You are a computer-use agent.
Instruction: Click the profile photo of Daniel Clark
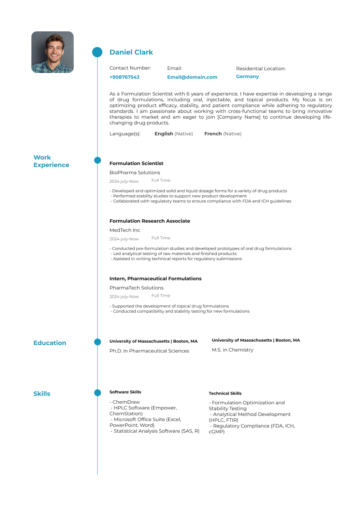pos(53,52)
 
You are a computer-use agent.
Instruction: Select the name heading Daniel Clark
pos(131,52)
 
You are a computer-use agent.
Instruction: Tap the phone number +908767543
pos(125,77)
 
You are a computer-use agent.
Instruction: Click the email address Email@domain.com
pos(192,77)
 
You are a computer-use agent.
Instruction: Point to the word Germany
pos(247,76)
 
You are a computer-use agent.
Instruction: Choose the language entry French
pos(213,134)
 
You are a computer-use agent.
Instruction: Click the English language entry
pos(164,134)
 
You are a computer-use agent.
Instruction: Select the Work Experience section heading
pos(51,161)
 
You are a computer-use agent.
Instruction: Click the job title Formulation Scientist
pos(136,163)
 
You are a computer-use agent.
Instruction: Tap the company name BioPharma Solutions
pos(135,173)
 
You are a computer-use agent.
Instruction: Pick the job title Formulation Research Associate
pos(149,221)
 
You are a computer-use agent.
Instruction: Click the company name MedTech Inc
pos(125,230)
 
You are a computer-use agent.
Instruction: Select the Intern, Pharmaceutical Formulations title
pos(155,279)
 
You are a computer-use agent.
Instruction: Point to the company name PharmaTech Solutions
pos(136,288)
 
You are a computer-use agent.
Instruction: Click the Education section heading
pos(50,343)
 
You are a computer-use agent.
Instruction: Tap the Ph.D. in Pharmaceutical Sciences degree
pos(149,351)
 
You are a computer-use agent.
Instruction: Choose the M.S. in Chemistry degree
pos(232,350)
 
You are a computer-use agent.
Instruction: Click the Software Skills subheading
pos(125,392)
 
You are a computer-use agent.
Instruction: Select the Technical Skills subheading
pos(225,393)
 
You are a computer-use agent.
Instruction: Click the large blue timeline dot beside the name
pos(97,52)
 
